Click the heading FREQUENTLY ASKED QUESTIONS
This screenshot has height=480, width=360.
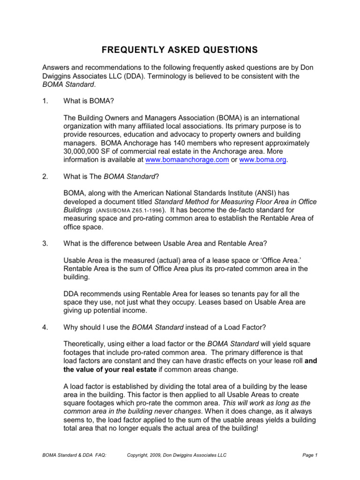180,50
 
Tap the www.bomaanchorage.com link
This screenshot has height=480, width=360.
187,160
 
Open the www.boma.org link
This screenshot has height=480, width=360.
262,160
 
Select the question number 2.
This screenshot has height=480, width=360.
45,177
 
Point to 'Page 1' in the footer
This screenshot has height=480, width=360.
310,455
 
